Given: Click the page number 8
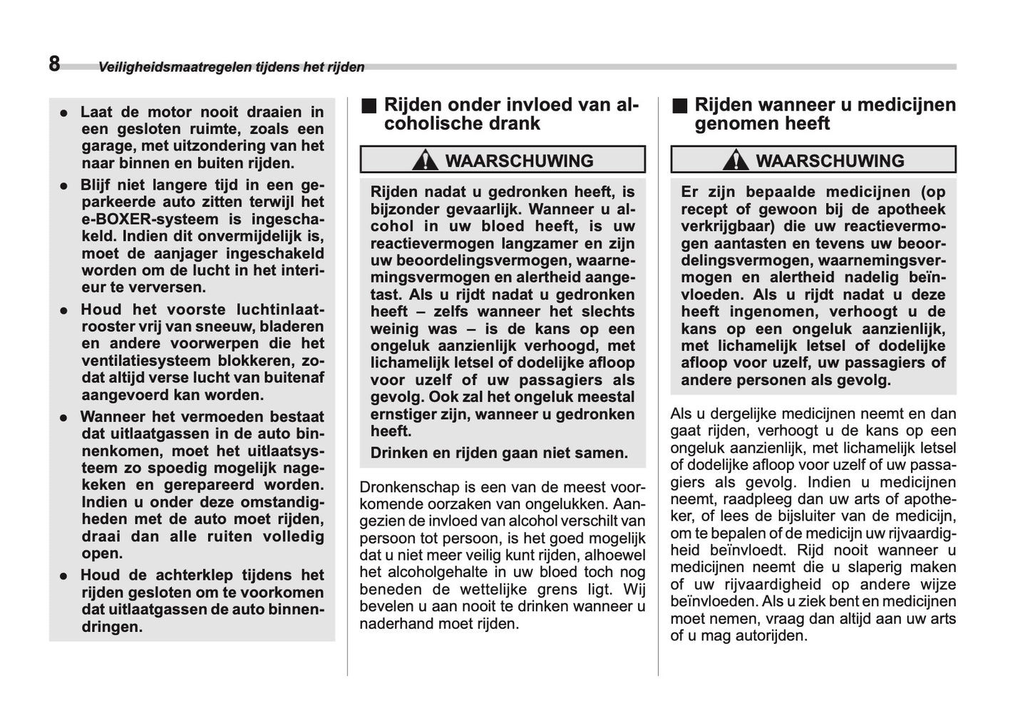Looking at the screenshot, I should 55,64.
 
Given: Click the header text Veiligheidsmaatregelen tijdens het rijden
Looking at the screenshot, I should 231,68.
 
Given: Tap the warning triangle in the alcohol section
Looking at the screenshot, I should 425,160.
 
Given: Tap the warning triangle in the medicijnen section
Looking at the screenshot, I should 736,160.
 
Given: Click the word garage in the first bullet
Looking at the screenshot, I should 105,146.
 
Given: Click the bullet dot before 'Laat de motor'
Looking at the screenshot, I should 64,113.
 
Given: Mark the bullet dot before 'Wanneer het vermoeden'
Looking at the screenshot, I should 64,418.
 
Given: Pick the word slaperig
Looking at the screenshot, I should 875,568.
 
